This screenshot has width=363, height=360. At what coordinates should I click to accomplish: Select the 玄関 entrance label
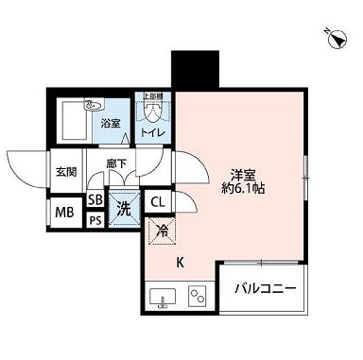[x=66, y=171]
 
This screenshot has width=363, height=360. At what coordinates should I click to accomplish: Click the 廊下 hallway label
[x=116, y=163]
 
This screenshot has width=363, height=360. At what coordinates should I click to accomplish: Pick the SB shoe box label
[x=95, y=200]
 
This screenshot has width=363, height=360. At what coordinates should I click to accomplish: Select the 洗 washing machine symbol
[x=123, y=210]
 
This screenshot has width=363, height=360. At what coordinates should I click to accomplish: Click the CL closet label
[x=157, y=201]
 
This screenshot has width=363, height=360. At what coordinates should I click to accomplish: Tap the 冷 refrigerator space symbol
[x=162, y=230]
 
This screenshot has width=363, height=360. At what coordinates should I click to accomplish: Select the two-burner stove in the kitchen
[x=198, y=296]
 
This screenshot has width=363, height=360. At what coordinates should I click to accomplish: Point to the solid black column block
[x=187, y=70]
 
